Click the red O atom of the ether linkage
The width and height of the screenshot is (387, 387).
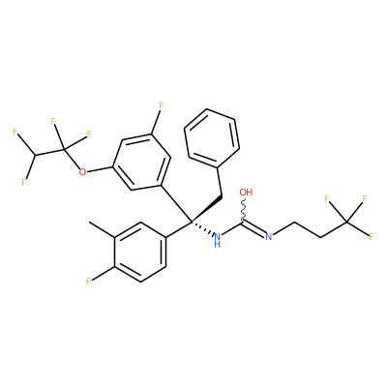click(x=82, y=171)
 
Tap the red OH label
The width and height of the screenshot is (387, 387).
click(x=246, y=193)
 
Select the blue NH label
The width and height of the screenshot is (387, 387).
click(x=218, y=240)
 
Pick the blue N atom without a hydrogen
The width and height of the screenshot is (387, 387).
click(x=269, y=237)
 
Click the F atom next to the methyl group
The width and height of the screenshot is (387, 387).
click(x=88, y=282)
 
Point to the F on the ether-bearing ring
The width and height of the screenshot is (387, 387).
click(x=162, y=105)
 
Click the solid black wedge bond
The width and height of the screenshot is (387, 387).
click(x=206, y=208)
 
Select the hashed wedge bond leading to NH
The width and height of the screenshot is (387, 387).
click(x=202, y=228)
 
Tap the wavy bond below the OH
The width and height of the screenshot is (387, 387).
click(x=244, y=210)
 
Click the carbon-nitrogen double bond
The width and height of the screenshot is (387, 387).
click(x=254, y=228)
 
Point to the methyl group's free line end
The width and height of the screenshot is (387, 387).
click(x=89, y=223)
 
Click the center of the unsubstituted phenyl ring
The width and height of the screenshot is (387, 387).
click(x=212, y=138)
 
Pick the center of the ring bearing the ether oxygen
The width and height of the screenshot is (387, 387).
click(x=141, y=163)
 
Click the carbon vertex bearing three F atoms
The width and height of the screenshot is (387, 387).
click(x=347, y=222)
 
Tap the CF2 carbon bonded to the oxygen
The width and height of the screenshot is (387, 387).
click(x=64, y=150)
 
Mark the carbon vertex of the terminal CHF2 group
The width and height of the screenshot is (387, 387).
click(x=35, y=156)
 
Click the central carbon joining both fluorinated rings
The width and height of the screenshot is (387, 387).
click(x=192, y=222)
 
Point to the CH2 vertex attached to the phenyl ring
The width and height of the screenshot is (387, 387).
click(x=222, y=195)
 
